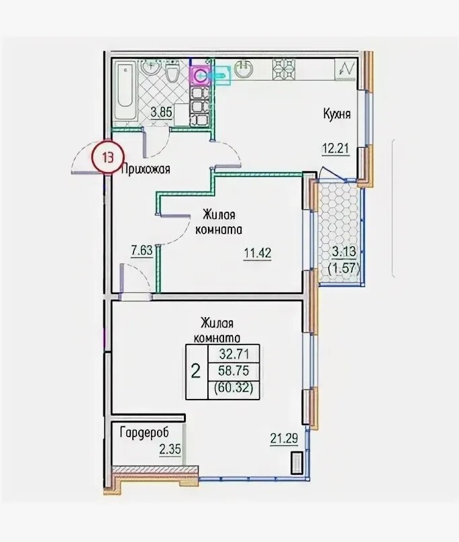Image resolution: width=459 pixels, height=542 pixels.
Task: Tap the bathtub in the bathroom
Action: pos(125,92)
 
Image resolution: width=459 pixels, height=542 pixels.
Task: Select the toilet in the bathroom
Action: pos(172,72)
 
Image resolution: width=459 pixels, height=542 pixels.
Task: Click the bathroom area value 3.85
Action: pos(161,112)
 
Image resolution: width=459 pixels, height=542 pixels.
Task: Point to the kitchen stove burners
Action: pos(284,69)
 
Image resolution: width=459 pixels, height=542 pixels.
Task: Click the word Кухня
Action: pos(337,114)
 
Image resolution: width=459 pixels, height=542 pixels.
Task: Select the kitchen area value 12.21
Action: pos(336,149)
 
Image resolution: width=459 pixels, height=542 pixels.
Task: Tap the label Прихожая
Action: pos(146,169)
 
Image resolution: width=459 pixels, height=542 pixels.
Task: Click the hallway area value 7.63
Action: pos(142,250)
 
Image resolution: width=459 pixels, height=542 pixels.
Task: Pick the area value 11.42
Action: pos(258,253)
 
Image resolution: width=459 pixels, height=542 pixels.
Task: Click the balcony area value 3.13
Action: pos(344,251)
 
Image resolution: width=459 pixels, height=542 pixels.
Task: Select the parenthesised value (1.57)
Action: pos(344,267)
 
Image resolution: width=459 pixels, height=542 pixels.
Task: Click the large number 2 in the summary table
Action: pos(196,372)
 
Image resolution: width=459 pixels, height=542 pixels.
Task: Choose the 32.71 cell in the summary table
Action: pos(234,353)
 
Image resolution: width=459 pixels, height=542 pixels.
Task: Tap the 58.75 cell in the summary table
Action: pos(234,371)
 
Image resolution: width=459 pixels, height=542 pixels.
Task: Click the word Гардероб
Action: pos(144,433)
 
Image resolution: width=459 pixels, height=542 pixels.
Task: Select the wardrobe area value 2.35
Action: pos(170,450)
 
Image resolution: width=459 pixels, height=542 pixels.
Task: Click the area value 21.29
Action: pos(284,439)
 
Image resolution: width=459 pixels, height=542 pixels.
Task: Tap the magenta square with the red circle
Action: pos(201,75)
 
